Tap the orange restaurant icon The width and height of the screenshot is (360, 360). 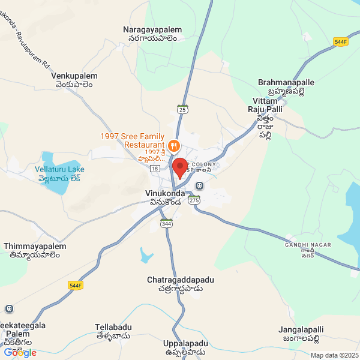173,145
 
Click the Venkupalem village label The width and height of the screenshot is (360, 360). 74,81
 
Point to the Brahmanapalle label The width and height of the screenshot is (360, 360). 286,86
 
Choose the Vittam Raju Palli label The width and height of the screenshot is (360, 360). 266,114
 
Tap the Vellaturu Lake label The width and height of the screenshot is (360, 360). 59,174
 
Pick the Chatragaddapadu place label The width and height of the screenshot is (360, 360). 181,284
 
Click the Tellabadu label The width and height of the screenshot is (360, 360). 113,332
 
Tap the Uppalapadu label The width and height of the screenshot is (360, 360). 185,347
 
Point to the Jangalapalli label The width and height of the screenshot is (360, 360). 301,334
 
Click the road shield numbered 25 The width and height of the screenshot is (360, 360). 183,109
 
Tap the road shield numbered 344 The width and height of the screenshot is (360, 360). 166,223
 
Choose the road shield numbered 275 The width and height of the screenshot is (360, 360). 193,202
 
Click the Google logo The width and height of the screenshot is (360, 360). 20,353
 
